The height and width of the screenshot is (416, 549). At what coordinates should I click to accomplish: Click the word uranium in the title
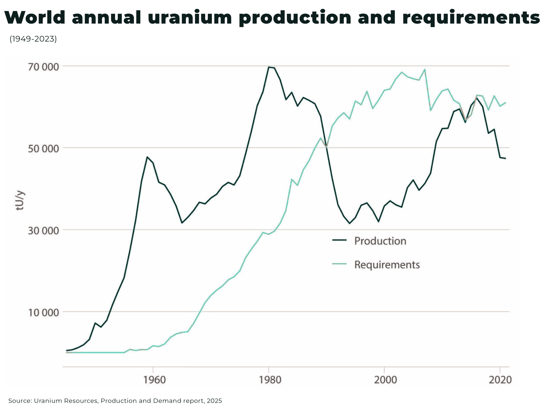pyautogui.click(x=190, y=18)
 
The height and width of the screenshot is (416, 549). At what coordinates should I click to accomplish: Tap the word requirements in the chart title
pyautogui.click(x=471, y=18)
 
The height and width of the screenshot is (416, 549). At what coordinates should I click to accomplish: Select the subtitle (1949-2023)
pyautogui.click(x=33, y=39)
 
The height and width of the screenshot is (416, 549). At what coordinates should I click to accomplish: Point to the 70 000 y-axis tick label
pyautogui.click(x=43, y=67)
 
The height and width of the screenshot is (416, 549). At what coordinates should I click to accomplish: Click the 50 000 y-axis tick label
pyautogui.click(x=43, y=148)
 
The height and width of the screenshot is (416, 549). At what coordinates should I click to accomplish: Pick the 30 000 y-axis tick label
pyautogui.click(x=43, y=231)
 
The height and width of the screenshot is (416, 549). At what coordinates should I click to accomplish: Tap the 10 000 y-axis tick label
pyautogui.click(x=43, y=313)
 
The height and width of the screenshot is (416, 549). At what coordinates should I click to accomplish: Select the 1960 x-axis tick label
pyautogui.click(x=154, y=380)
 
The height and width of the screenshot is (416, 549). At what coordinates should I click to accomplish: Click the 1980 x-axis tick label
pyautogui.click(x=270, y=380)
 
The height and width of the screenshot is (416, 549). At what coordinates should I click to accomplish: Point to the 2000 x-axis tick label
pyautogui.click(x=385, y=380)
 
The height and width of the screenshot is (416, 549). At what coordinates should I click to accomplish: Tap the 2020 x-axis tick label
pyautogui.click(x=500, y=380)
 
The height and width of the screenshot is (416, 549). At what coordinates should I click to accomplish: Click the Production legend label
pyautogui.click(x=380, y=241)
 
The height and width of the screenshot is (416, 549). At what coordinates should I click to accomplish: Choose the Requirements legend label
pyautogui.click(x=387, y=265)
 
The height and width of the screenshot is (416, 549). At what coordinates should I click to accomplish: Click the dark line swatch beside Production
pyautogui.click(x=339, y=240)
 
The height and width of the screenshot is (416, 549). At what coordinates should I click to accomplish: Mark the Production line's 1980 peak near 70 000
pyautogui.click(x=269, y=67)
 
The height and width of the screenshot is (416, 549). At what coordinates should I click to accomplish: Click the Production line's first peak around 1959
pyautogui.click(x=147, y=157)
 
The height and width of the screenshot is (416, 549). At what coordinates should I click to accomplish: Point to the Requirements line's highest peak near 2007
pyautogui.click(x=425, y=70)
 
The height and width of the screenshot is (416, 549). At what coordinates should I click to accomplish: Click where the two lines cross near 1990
pyautogui.click(x=326, y=147)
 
